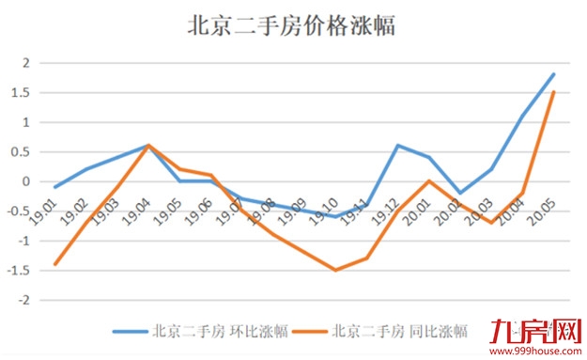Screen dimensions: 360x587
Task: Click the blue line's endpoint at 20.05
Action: [x=553, y=74]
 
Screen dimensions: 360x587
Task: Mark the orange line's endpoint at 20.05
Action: [x=553, y=92]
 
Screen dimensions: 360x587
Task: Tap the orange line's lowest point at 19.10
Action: [x=335, y=270]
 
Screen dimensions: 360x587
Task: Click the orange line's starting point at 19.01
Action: [x=54, y=264]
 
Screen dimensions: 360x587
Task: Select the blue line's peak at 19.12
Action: [x=397, y=146]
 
